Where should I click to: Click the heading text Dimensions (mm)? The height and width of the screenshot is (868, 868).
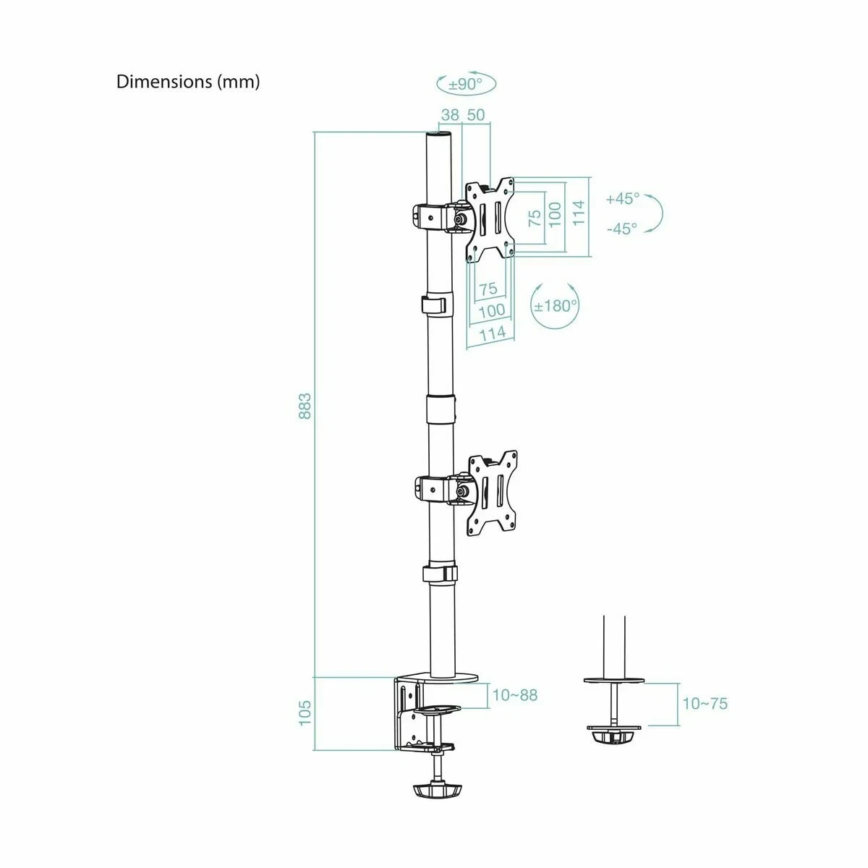(x=188, y=82)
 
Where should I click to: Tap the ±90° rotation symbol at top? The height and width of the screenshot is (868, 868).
(x=467, y=84)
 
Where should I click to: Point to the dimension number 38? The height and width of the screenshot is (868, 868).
(x=450, y=114)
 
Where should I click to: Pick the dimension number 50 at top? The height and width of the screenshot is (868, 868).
(x=476, y=114)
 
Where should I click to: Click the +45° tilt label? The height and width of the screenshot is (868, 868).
(x=623, y=198)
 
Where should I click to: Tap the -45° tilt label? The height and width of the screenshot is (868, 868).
(x=622, y=229)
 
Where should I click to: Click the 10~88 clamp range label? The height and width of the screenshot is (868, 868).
(x=515, y=695)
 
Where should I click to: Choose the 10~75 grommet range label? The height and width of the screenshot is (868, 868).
(x=705, y=703)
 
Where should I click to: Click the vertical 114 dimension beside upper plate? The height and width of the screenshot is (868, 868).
(x=579, y=213)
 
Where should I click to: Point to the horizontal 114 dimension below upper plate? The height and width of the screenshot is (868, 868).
(x=492, y=333)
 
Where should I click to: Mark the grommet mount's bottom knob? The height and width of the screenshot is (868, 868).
(x=613, y=737)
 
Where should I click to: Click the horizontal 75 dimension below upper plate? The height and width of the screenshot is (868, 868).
(x=488, y=289)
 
